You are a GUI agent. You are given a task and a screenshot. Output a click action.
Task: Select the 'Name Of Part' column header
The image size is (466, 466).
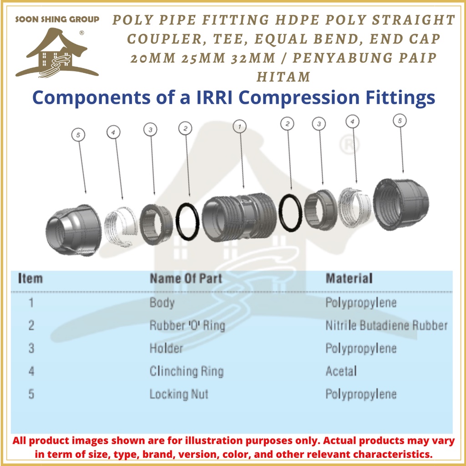pyautogui.click(x=186, y=278)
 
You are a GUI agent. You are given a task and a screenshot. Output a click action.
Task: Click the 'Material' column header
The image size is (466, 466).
pyautogui.click(x=349, y=278)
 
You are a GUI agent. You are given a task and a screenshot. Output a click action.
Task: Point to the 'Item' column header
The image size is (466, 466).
pyautogui.click(x=30, y=278)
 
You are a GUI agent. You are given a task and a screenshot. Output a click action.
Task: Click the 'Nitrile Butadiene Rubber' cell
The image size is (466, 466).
pyautogui.click(x=386, y=325)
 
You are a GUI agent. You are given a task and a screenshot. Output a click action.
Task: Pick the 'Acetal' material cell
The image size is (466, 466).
pyautogui.click(x=341, y=371)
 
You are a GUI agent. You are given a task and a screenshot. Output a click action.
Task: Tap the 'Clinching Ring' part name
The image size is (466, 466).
pyautogui.click(x=187, y=371)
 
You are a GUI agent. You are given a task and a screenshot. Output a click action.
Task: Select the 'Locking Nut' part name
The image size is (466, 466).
pyautogui.click(x=179, y=394)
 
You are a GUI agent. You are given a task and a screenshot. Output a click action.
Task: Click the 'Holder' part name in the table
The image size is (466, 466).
pyautogui.click(x=166, y=349)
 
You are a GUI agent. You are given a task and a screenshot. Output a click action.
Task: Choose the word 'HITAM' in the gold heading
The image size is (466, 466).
pyautogui.click(x=283, y=76)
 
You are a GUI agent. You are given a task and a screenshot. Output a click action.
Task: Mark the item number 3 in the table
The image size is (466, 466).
pyautogui.click(x=31, y=349)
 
